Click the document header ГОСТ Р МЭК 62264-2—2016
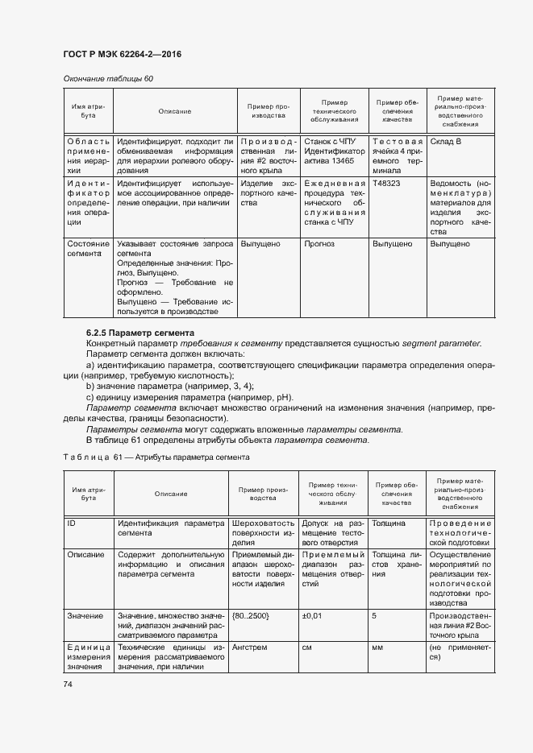coord(121,54)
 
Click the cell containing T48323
coord(386,184)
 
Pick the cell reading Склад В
coord(445,141)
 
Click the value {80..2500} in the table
coord(250,615)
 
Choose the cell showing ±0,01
coord(313,615)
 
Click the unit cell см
coord(308,647)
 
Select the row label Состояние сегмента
coord(88,248)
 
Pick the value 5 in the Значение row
coord(374,615)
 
